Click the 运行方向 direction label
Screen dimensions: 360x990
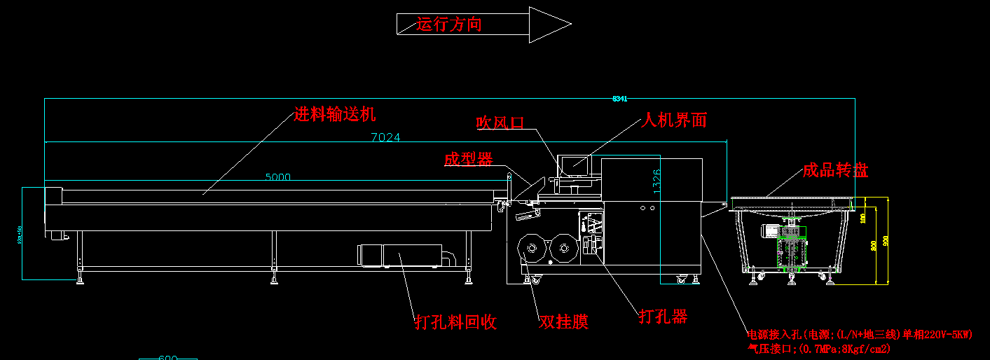pos(449,25)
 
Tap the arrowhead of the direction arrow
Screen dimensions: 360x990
pos(549,25)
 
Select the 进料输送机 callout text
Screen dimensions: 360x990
pos(335,114)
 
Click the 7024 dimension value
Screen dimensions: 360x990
pos(385,137)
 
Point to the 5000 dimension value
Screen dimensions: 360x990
pos(277,177)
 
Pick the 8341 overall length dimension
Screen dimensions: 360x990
pos(619,99)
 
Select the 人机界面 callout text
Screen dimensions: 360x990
pos(675,120)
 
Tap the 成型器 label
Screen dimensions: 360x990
pos(468,160)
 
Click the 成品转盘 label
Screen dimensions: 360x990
pos(835,170)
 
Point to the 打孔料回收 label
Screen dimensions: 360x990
pos(455,322)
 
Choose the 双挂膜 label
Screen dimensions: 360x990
pos(563,321)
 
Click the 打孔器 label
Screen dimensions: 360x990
pos(663,317)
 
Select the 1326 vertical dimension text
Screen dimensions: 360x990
pos(656,180)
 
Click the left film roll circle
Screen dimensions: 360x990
pos(530,247)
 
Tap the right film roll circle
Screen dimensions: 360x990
pos(563,247)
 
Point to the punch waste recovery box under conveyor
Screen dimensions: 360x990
pos(400,255)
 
